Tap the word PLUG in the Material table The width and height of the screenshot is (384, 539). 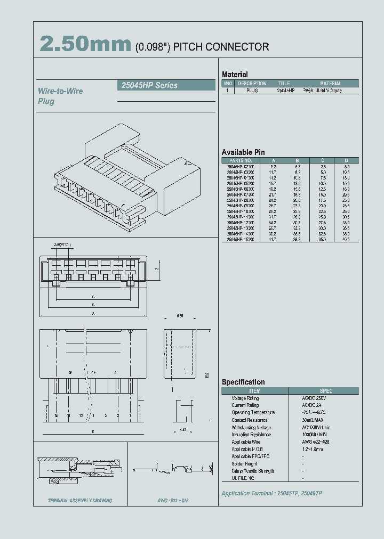click(252, 91)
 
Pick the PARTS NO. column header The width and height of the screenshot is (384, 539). click(240, 160)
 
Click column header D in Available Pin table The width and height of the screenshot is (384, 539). click(346, 160)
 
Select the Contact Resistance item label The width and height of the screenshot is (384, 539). click(250, 420)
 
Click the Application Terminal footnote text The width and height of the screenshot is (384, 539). click(271, 493)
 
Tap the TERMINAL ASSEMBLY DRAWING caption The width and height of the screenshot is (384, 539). click(80, 501)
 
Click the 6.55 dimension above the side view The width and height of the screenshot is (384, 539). click(181, 316)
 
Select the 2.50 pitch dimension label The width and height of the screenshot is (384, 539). click(62, 244)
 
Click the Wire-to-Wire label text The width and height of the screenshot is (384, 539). click(60, 91)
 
